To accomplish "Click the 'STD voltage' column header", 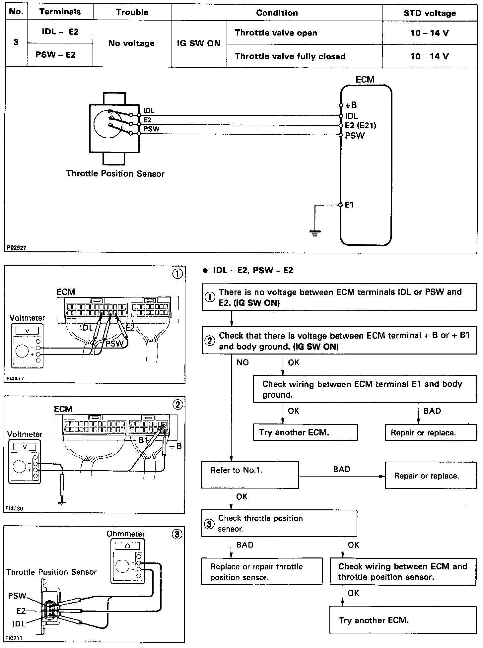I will (430, 13).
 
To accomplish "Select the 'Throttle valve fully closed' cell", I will (290, 56).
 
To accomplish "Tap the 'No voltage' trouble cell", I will (132, 43).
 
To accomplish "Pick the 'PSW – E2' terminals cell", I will (55, 55).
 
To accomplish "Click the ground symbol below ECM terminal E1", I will (315, 233).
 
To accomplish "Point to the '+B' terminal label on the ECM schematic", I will (351, 105).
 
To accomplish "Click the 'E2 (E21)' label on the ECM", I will (361, 125).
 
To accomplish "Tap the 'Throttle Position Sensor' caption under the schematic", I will (115, 173).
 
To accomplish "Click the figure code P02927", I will (17, 247).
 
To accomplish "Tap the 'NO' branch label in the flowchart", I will (242, 362).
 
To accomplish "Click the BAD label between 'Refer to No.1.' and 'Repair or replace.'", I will (342, 469).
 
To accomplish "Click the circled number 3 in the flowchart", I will (209, 524).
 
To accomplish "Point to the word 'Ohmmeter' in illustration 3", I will (126, 534).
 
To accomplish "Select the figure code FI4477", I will (15, 378).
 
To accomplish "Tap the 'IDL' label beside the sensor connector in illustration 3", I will (19, 623).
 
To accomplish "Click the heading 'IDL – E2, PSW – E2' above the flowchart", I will (253, 270).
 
